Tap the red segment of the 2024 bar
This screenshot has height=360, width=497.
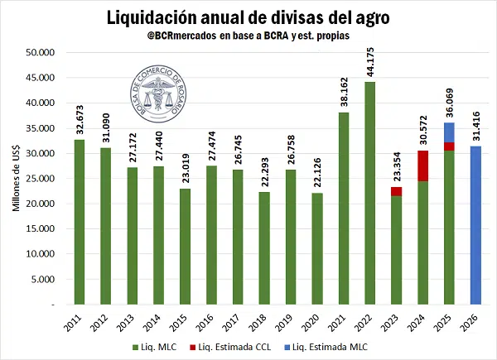pyautogui.click(x=422, y=166)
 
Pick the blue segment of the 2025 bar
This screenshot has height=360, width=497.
pyautogui.click(x=449, y=132)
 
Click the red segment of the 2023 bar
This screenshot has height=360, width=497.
pyautogui.click(x=396, y=191)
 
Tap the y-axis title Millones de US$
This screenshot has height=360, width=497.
pyautogui.click(x=17, y=178)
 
